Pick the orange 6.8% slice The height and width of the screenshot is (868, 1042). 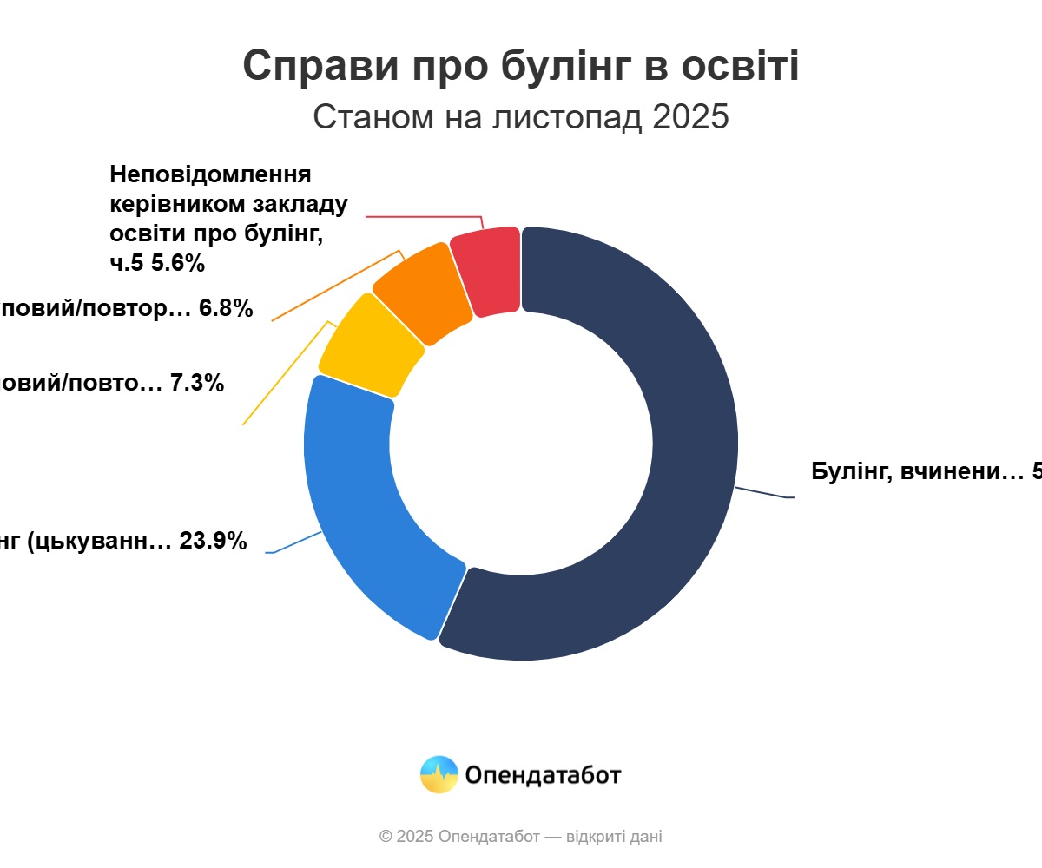click(421, 291)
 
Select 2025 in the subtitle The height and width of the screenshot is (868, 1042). click(690, 116)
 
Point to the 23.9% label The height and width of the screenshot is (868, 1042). click(213, 542)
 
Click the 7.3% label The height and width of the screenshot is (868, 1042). click(197, 383)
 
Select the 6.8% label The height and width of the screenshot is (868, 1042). click(226, 308)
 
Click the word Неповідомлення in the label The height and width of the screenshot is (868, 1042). click(210, 174)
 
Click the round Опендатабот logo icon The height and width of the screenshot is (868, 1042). click(439, 774)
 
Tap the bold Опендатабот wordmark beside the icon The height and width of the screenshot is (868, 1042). click(543, 774)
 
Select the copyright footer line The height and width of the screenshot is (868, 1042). click(521, 837)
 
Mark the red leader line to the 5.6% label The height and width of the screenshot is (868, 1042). click(425, 216)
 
